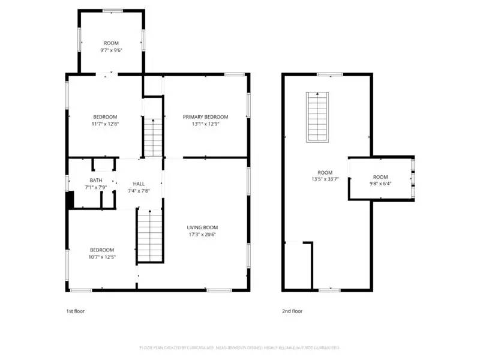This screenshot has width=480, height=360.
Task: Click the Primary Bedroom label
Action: (x=206, y=117)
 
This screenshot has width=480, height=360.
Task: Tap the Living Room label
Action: (x=202, y=227)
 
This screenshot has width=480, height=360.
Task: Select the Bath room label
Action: (x=96, y=180)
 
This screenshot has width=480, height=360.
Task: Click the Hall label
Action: (x=139, y=184)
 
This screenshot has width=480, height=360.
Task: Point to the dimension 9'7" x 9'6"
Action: (x=111, y=50)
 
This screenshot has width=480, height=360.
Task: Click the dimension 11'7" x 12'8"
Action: (x=104, y=124)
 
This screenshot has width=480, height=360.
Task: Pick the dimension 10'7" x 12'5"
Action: (x=102, y=257)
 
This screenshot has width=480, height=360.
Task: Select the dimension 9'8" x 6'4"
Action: (x=380, y=184)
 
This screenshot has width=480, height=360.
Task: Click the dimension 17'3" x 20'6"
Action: (x=202, y=235)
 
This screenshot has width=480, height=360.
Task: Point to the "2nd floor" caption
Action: (x=292, y=311)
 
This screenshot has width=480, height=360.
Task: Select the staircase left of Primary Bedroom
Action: (x=153, y=137)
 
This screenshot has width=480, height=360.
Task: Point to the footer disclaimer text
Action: (x=240, y=347)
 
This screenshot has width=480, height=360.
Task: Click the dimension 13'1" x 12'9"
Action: (x=206, y=124)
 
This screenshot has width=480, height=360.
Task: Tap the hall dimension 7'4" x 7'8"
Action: (x=139, y=191)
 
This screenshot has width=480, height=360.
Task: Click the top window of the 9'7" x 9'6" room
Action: (x=112, y=11)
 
